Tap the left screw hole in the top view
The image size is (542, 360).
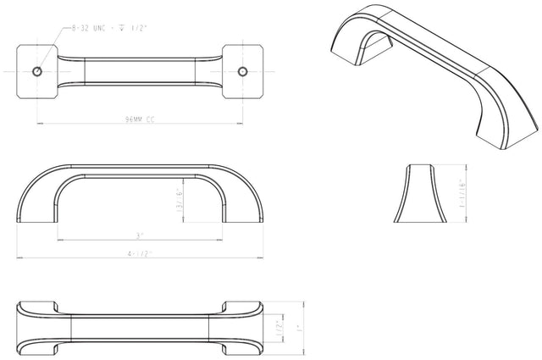click(x=36, y=69)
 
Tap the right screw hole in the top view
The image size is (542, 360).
click(x=244, y=69)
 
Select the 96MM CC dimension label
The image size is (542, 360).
click(x=140, y=119)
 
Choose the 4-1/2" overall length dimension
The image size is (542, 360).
click(x=141, y=253)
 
